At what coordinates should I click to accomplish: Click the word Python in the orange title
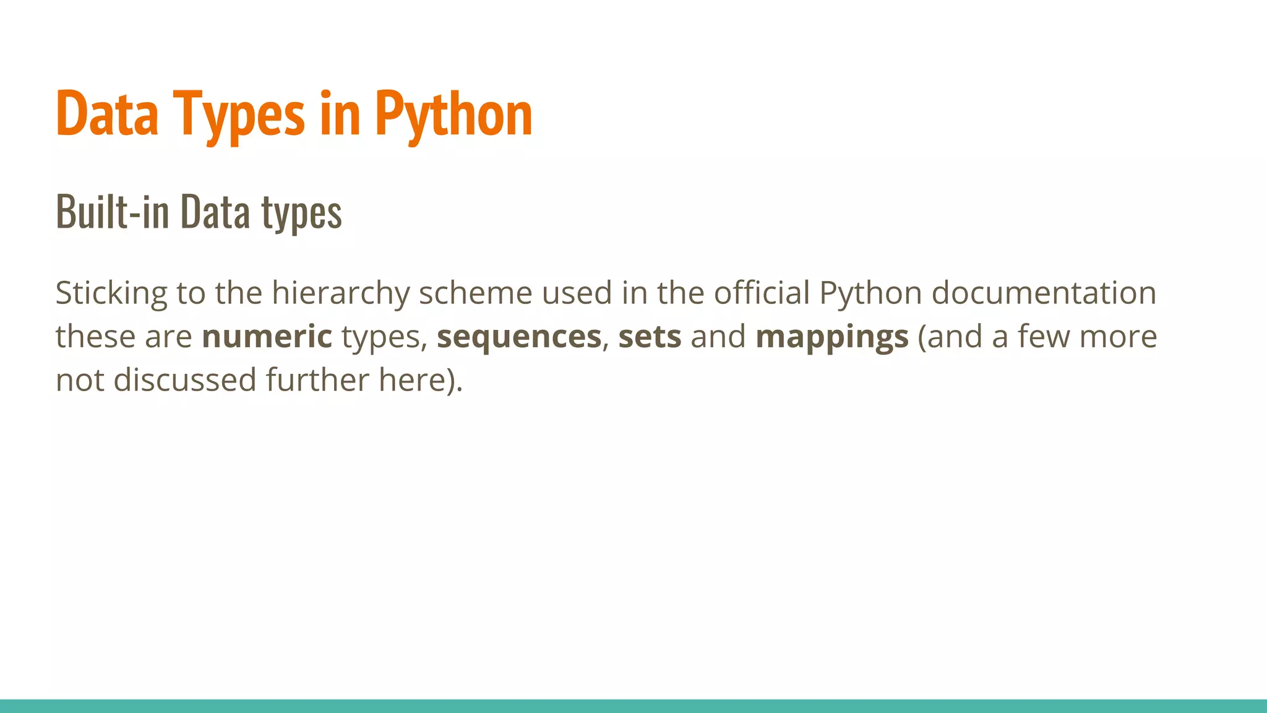pos(453,114)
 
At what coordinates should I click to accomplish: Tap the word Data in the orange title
pos(107,114)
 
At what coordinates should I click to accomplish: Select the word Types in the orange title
pos(239,114)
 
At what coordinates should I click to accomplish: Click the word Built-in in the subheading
pos(112,212)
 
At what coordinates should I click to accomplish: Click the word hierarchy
pos(340,293)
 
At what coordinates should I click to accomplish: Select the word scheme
pos(475,293)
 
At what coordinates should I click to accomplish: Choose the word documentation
pos(1044,293)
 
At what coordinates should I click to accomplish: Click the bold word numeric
pos(267,337)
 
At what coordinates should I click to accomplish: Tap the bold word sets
pos(650,337)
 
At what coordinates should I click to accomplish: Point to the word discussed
pos(185,379)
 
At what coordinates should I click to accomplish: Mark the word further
pos(317,379)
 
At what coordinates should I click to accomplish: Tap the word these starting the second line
pos(95,337)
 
